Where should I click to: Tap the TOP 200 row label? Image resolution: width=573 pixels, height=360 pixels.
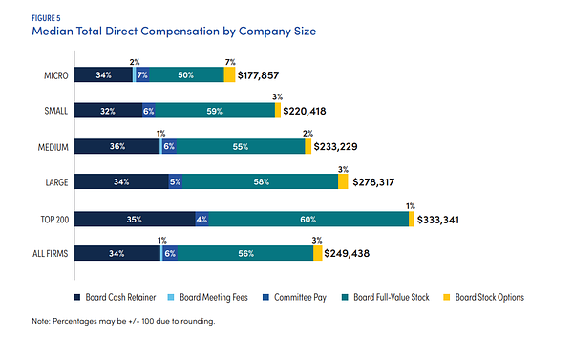coord(46,219)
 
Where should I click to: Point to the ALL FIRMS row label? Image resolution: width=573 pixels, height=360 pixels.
coord(44,254)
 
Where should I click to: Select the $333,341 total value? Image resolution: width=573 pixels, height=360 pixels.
coord(445,219)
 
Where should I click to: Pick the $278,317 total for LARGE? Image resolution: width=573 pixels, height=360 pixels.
coord(380,182)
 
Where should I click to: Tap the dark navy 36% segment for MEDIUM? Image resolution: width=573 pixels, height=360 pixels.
coord(117,147)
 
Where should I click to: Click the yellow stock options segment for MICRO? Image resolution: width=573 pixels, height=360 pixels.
coord(229,74)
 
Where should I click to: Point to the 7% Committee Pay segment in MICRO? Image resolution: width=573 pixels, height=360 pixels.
coord(142,74)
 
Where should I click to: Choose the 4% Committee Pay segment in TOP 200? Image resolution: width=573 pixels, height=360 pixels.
coord(202,219)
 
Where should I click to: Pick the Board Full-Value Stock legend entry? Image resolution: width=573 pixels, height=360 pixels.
coord(396,297)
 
